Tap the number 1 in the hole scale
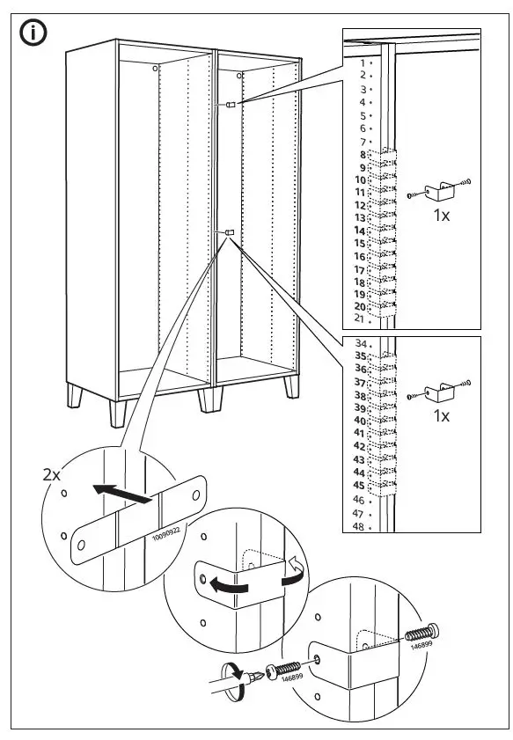point(361,63)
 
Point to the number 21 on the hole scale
point(359,318)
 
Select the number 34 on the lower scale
point(359,343)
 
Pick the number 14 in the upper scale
point(359,230)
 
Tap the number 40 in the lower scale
point(359,421)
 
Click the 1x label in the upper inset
point(442,215)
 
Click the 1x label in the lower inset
point(442,416)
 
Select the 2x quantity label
point(53,474)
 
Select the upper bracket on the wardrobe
point(231,105)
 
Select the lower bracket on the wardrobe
point(229,232)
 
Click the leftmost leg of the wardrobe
point(77,399)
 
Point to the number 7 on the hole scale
point(361,141)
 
